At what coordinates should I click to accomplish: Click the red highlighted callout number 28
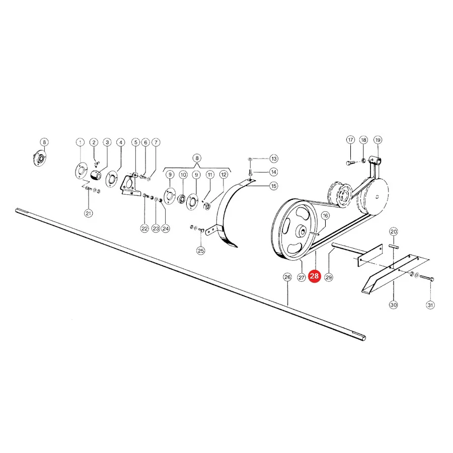coord(314,276)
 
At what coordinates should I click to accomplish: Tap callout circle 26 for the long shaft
coord(287,277)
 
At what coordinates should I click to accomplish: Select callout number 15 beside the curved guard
coord(274,186)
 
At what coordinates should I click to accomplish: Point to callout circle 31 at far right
coord(430,305)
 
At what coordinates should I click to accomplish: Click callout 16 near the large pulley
coord(325,215)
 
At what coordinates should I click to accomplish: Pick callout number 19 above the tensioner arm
coord(377,140)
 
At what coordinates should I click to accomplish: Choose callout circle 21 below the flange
coord(89,213)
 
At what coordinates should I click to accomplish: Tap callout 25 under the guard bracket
coord(201,251)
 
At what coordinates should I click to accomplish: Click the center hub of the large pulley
coord(302,231)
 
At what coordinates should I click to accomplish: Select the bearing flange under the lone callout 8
coord(39,159)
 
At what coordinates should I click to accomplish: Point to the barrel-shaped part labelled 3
coord(96,175)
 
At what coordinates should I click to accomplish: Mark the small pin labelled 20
coord(394,246)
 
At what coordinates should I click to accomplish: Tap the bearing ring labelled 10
coord(182,199)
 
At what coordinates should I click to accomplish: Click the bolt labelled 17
coord(350,163)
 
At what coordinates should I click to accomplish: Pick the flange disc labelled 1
coord(81,171)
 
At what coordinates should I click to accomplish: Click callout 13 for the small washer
coord(274,159)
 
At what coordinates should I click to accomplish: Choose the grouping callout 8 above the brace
coord(197,158)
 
